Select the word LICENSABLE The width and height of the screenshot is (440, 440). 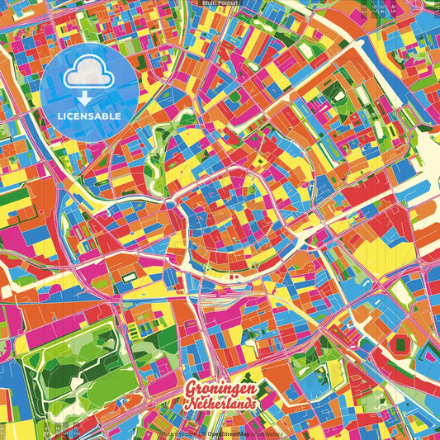click(89, 116)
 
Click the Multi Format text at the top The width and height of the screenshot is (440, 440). click(220, 3)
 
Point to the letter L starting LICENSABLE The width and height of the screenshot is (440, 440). click(59, 116)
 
